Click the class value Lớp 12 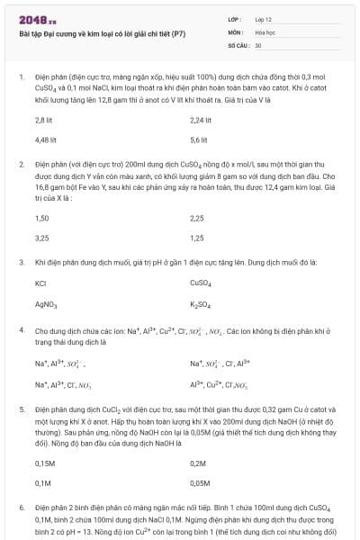[x=263, y=19]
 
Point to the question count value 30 [x=258, y=44]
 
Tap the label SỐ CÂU [x=238, y=44]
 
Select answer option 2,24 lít [x=201, y=119]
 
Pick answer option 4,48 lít [x=45, y=139]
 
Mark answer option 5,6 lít [x=199, y=139]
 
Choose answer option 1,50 [x=41, y=218]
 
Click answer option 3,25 [x=41, y=238]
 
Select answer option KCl [x=40, y=283]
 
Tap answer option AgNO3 [x=45, y=304]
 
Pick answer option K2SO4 [x=200, y=304]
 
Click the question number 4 [x=21, y=330]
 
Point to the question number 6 [x=21, y=508]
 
